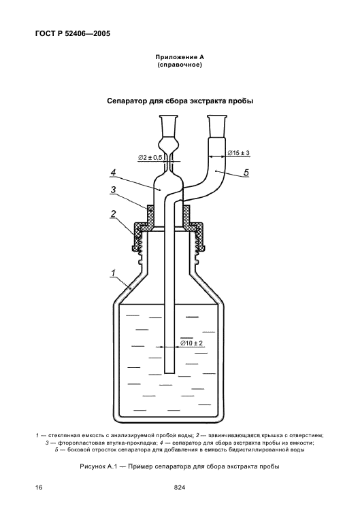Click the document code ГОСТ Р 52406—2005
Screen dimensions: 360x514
coord(72,33)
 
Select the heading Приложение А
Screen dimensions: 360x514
coord(180,57)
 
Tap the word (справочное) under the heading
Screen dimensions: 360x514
coord(180,65)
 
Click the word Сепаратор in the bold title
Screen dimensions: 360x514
coord(127,101)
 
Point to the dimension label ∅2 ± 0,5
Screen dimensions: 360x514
coord(150,158)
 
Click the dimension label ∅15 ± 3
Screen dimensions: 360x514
coord(239,153)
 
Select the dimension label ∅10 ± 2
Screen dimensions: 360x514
coord(192,343)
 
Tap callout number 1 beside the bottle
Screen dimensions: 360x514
coord(113,273)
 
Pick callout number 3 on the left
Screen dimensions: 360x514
coord(113,190)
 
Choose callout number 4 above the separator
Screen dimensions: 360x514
coord(113,173)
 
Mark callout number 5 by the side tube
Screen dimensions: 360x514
coord(246,172)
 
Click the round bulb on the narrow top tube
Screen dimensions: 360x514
coord(169,144)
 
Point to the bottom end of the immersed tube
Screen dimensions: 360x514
coord(169,373)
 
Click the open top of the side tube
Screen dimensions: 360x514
coord(217,116)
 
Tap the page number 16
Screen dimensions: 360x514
coord(39,487)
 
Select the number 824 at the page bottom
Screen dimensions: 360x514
coord(180,487)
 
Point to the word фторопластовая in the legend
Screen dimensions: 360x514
coord(75,443)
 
